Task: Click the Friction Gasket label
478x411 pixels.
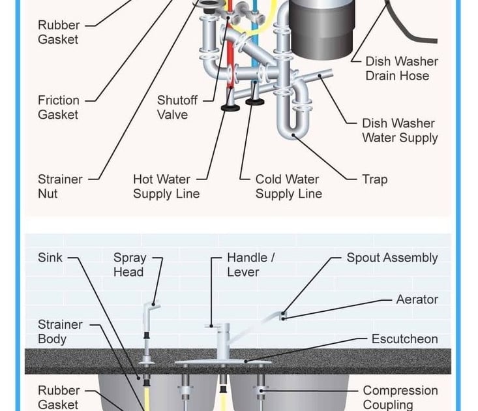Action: [x=58, y=108]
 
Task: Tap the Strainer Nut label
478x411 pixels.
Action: [x=60, y=187]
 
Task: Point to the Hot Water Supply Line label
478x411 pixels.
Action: [x=166, y=187]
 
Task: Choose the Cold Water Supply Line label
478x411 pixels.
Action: [x=288, y=187]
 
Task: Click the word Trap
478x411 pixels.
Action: [x=374, y=179]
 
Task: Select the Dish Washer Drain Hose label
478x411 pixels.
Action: [x=401, y=68]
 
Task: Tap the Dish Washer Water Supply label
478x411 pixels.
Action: [x=399, y=130]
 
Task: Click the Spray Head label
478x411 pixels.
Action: [x=129, y=265]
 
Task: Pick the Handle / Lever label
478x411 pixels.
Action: [x=250, y=265]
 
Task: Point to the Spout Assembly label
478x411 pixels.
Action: [x=392, y=258]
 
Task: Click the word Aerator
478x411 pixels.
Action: [x=417, y=299]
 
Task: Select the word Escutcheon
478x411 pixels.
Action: [x=404, y=339]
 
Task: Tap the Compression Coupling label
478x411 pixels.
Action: [x=400, y=397]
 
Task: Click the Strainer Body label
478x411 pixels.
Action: [x=60, y=331]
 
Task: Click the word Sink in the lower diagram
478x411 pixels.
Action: [x=50, y=258]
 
